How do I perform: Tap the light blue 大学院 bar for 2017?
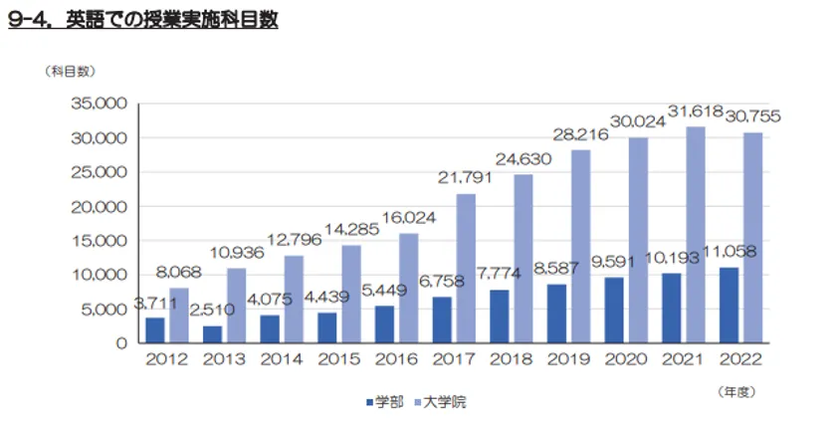[x=465, y=268]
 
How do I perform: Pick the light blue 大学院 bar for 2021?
[x=696, y=234]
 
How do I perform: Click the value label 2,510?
[x=212, y=310]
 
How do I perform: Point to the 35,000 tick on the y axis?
[x=98, y=104]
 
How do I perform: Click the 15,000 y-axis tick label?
[x=98, y=240]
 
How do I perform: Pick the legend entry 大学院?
[x=437, y=402]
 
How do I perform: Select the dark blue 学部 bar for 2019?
[x=558, y=314]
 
